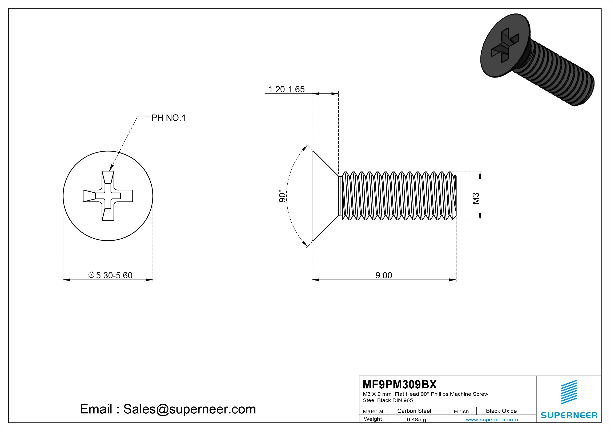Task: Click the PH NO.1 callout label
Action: [x=168, y=118]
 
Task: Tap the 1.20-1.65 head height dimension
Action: [x=286, y=89]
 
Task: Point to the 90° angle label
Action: [x=282, y=196]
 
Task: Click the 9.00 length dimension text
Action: [x=383, y=275]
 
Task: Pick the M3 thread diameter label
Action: [x=476, y=198]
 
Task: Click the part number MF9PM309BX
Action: [x=399, y=384]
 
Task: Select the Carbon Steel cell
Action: [x=414, y=411]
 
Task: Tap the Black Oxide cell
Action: [x=501, y=411]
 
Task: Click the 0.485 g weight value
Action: [x=416, y=420]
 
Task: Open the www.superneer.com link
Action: [x=492, y=420]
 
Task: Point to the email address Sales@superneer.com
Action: [x=189, y=409]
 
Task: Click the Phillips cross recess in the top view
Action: [x=108, y=196]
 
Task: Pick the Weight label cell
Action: [x=373, y=419]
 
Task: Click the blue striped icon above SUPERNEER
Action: [x=569, y=392]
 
